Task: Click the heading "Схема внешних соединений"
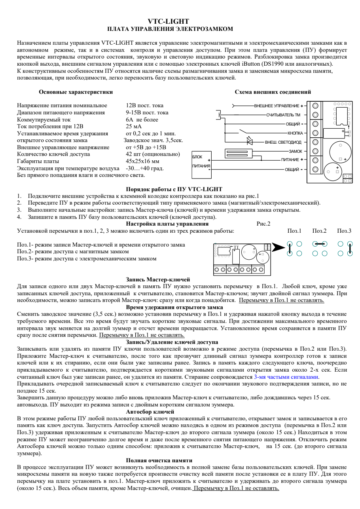(x=273, y=92)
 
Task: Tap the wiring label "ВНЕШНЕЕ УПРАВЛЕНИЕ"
(x=277, y=106)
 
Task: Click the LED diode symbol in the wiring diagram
(x=250, y=141)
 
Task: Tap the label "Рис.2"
(x=263, y=224)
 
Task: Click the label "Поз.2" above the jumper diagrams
(x=319, y=230)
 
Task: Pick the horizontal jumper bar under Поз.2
(x=319, y=244)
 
